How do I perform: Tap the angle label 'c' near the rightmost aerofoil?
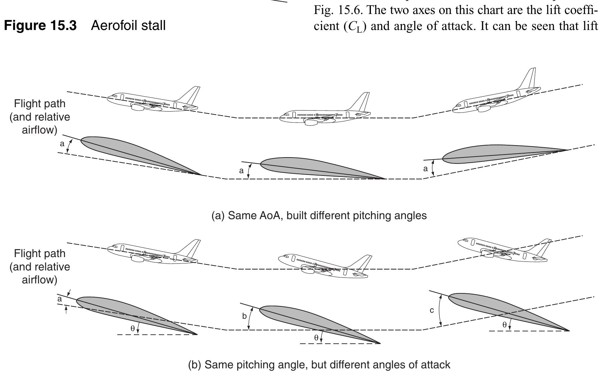coord(432,310)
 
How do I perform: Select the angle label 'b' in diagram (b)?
coord(244,316)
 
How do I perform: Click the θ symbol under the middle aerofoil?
coord(316,338)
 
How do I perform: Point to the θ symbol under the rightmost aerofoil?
coord(504,325)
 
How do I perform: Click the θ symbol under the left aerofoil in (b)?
coord(133,328)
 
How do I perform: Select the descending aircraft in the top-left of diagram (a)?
coord(151,101)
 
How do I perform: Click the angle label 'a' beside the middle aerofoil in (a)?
coord(241,171)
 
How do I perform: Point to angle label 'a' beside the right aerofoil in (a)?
coord(425,169)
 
